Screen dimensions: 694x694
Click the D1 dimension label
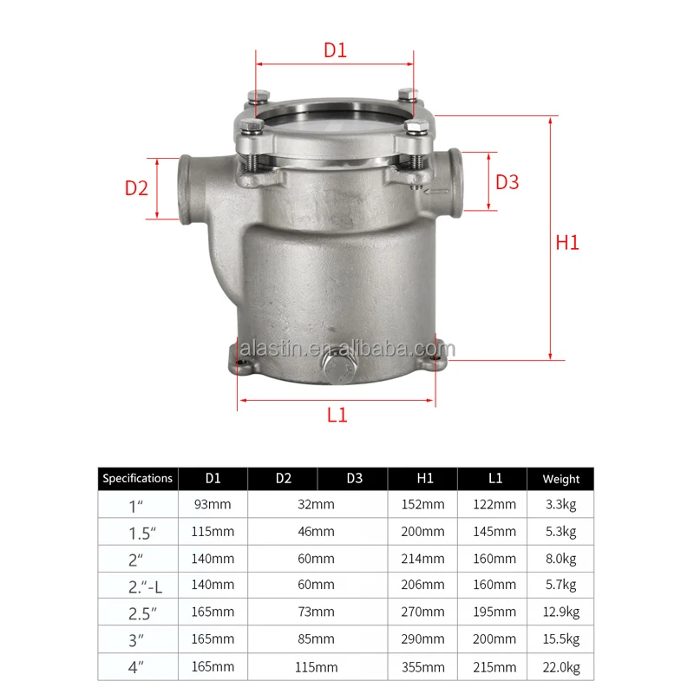335,50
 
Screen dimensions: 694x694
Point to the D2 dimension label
136,188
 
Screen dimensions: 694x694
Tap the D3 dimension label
507,182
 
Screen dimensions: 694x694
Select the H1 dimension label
566,243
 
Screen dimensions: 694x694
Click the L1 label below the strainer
337,415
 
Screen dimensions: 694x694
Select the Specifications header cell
137,478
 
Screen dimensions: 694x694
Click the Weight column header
560,478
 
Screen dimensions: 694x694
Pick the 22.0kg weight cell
560,668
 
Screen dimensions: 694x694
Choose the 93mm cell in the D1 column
213,505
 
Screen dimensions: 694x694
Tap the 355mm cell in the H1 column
422,668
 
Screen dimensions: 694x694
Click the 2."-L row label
137,586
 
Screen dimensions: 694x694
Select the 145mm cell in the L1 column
493,532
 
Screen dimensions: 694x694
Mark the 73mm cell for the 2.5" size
318,613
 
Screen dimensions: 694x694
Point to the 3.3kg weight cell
560,505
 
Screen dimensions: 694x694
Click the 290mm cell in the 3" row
422,640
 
